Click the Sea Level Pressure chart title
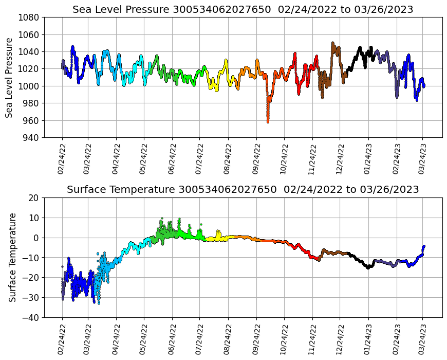coord(243,9)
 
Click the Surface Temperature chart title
coord(243,189)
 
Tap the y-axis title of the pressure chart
coord(9,77)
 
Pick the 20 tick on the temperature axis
coord(34,197)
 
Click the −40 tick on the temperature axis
coord(32,317)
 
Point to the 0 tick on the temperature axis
coord(36,238)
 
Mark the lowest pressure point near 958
coord(268,122)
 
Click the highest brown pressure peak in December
coord(333,43)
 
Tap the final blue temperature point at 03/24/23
coord(424,246)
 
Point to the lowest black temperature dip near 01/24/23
coord(368,267)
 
